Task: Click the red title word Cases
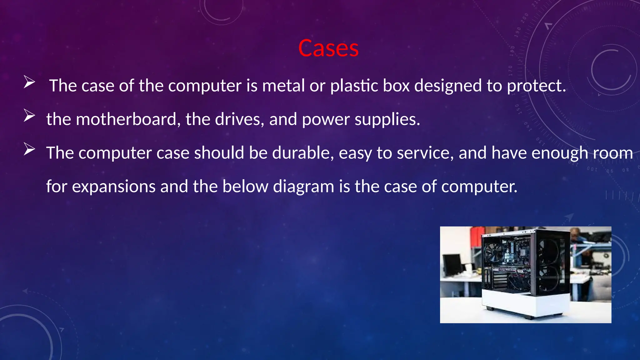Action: [328, 48]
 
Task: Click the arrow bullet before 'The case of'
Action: [29, 82]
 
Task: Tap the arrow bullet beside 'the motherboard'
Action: [29, 116]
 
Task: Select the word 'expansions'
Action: [114, 187]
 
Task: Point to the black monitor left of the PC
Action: [452, 264]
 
